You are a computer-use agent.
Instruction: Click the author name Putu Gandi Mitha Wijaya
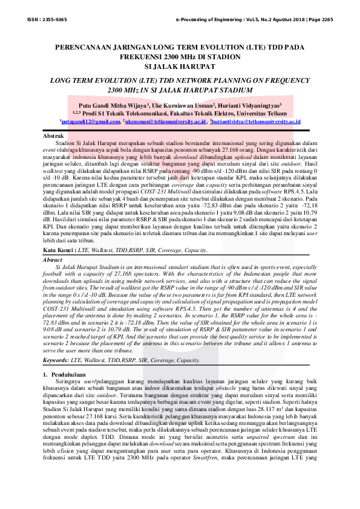point(113,104)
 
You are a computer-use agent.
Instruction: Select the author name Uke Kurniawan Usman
point(186,104)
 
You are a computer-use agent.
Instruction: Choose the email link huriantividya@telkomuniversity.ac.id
point(255,122)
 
